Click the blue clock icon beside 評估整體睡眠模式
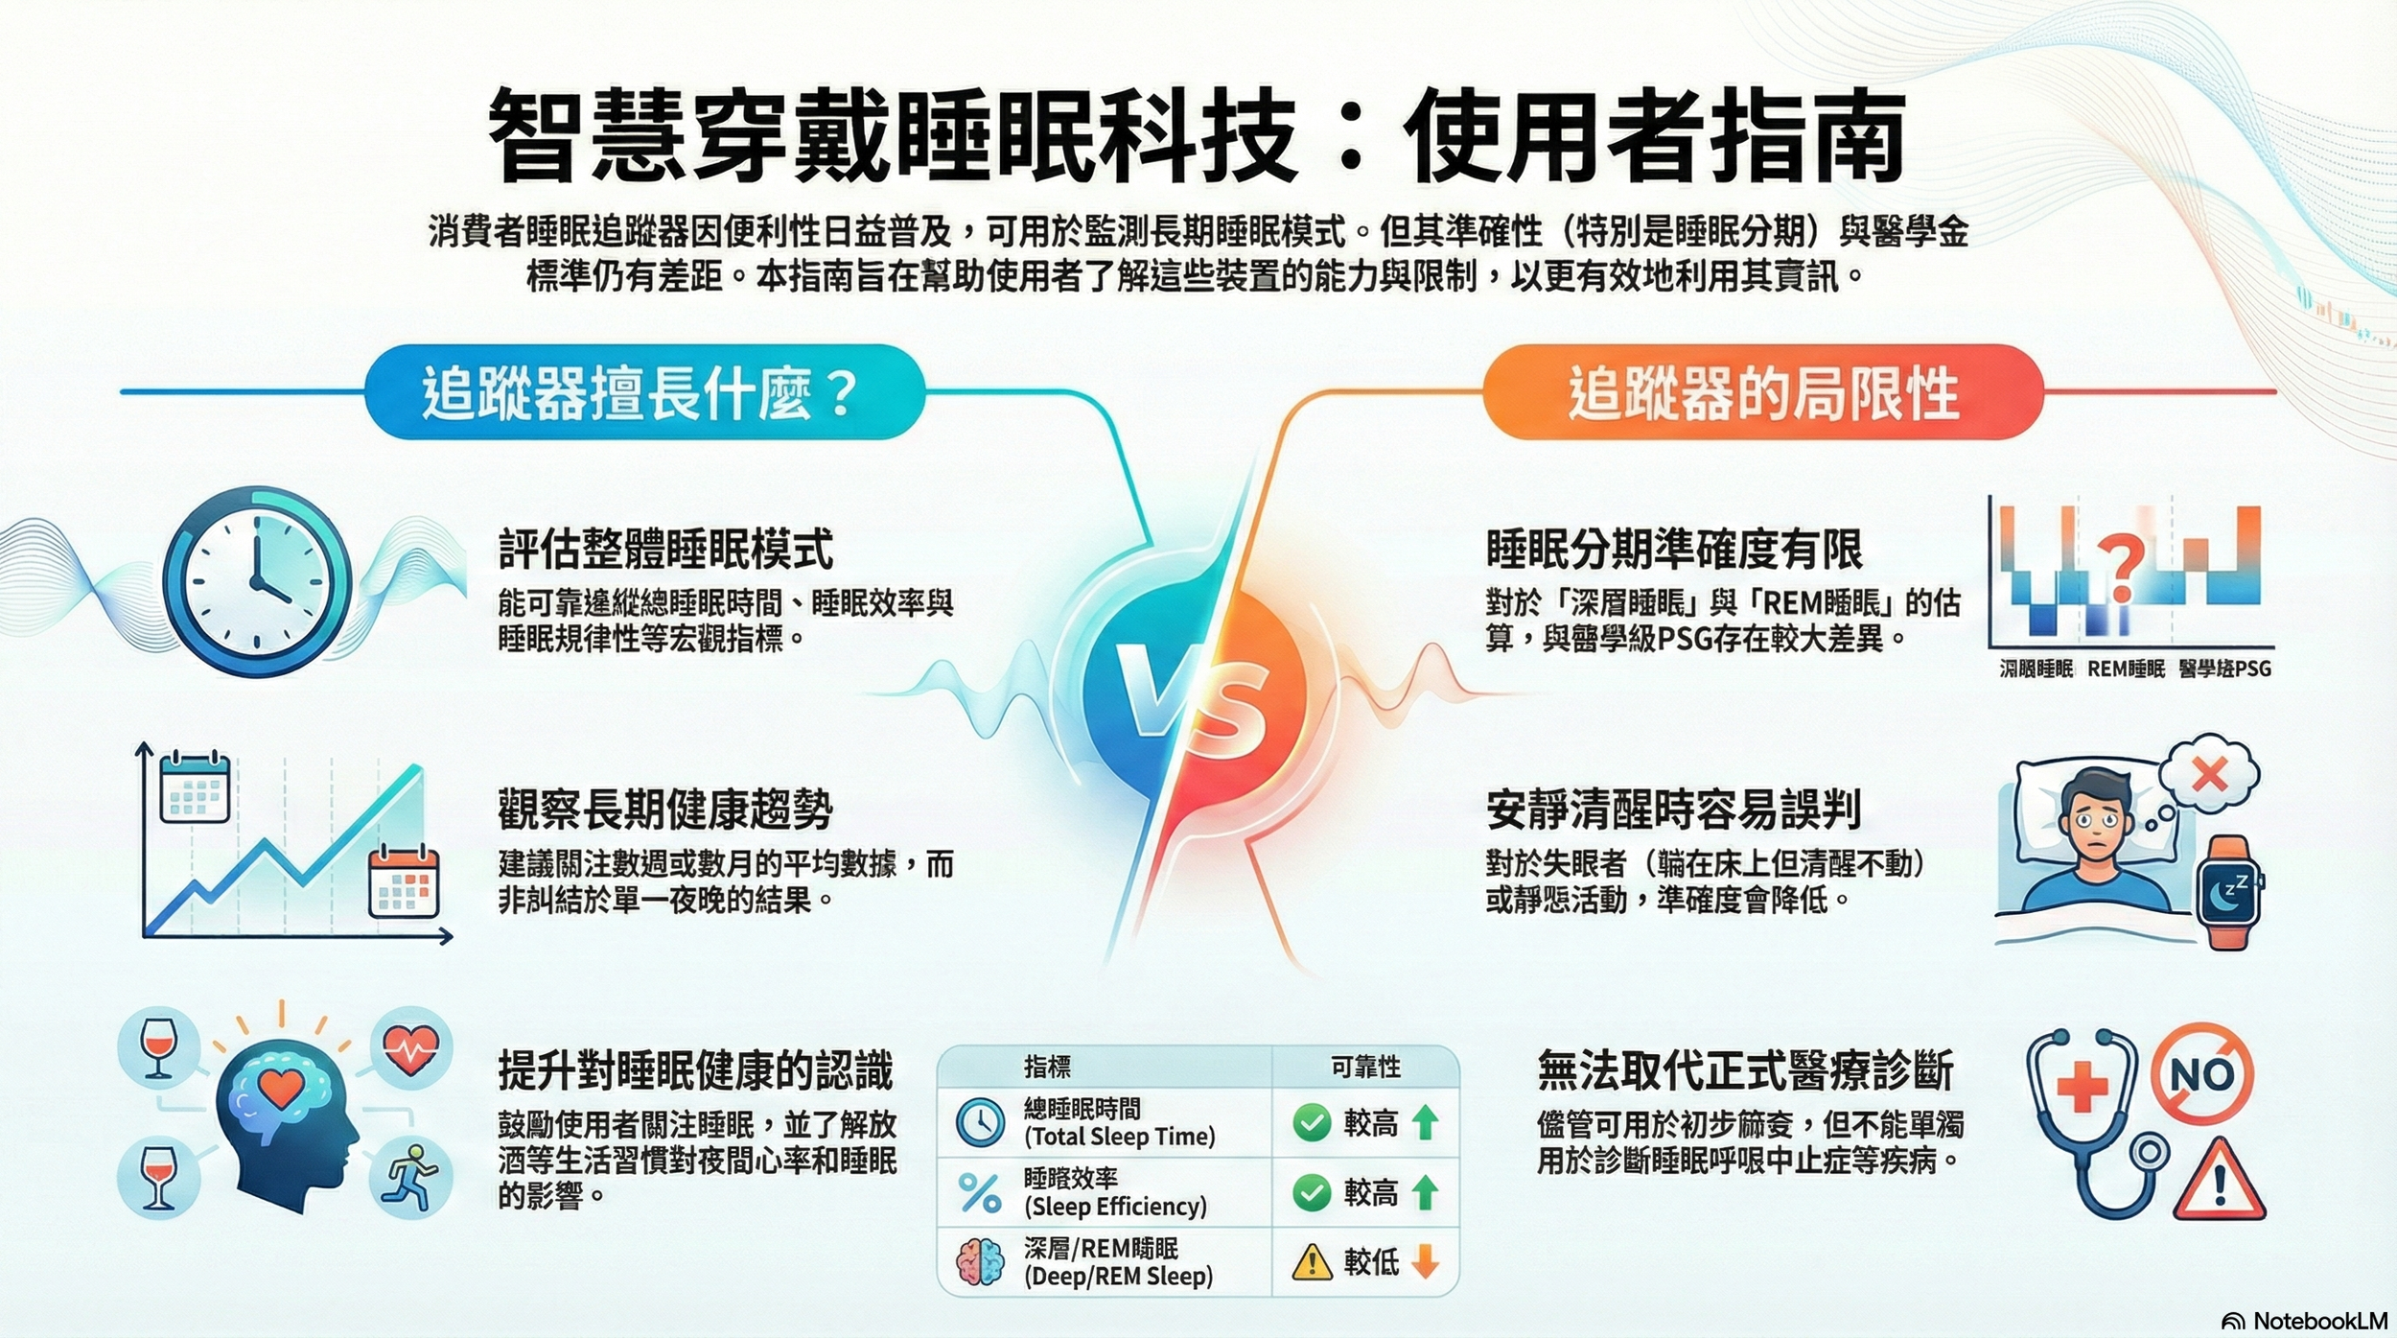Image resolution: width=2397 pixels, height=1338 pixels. (x=257, y=581)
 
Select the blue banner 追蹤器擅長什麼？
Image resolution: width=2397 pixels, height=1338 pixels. (x=643, y=392)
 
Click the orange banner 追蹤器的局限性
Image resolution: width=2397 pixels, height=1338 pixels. (x=1762, y=392)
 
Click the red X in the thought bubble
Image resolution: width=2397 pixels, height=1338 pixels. (x=2209, y=774)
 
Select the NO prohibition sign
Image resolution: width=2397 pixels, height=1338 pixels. (x=2202, y=1074)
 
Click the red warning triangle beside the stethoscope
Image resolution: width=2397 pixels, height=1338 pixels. (x=2219, y=1183)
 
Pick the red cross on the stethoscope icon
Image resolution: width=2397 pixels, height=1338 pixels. (x=2082, y=1089)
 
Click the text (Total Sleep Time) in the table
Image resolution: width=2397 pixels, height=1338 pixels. (x=1119, y=1137)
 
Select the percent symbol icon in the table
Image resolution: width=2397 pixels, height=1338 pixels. (x=980, y=1193)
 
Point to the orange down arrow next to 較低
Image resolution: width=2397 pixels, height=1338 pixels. (x=1426, y=1262)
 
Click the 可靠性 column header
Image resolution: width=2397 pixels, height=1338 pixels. (x=1365, y=1067)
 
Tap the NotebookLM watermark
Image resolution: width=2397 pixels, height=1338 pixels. (x=2305, y=1321)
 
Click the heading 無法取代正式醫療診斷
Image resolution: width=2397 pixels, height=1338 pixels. (x=1745, y=1070)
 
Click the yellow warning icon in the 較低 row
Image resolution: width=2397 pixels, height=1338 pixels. (x=1312, y=1262)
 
